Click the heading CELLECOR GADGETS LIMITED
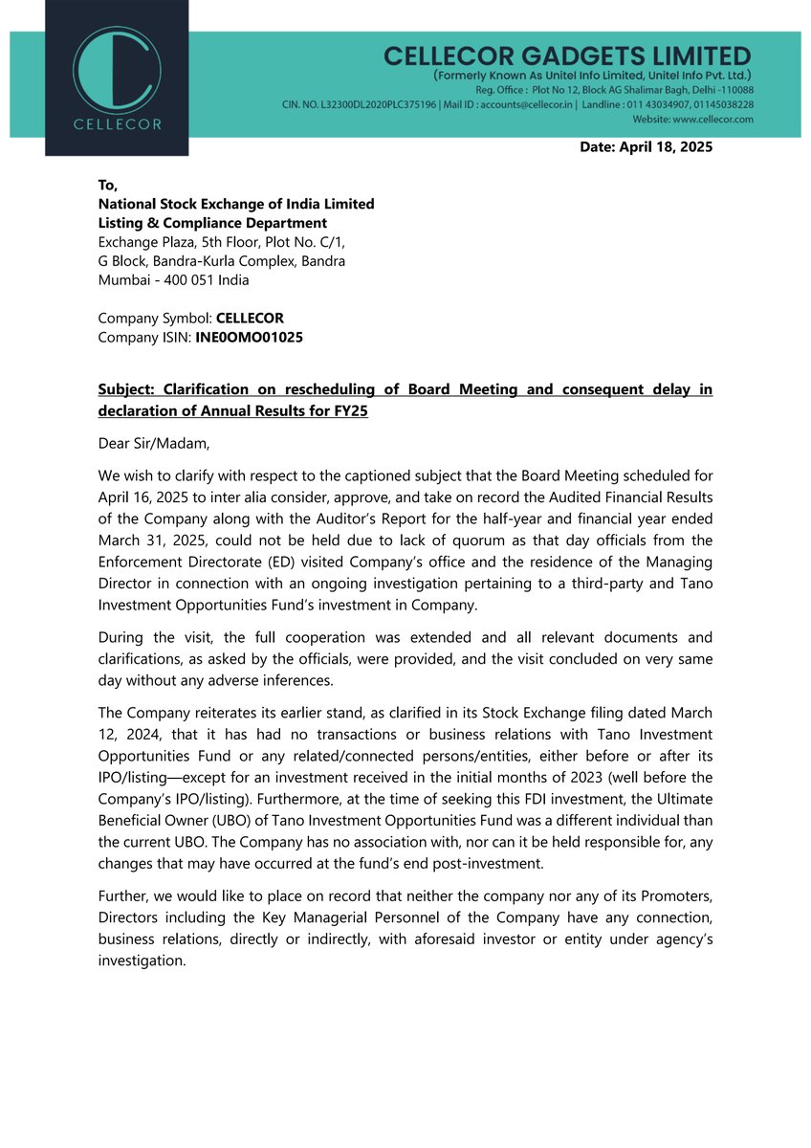pos(567,55)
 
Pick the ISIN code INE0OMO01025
pos(249,337)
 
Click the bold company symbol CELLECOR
pos(250,318)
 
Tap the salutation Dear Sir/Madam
pos(146,443)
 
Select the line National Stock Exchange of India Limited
pos(236,204)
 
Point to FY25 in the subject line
pos(350,410)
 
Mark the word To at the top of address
pos(107,185)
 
